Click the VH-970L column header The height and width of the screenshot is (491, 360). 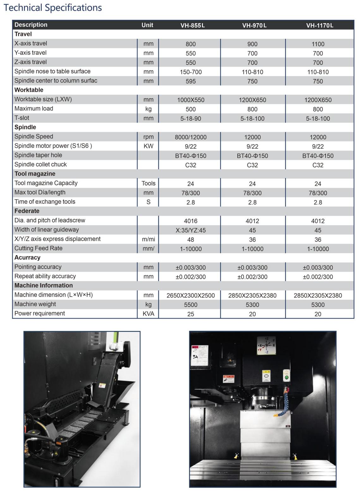tap(254, 25)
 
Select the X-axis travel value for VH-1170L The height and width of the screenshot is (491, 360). tap(318, 44)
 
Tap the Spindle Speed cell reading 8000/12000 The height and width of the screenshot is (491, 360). tap(191, 137)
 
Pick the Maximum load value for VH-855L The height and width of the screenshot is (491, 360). tap(191, 109)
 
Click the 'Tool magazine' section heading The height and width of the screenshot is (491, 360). tap(35, 174)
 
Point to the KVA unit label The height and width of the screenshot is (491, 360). tap(148, 314)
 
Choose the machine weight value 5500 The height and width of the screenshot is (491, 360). tap(191, 305)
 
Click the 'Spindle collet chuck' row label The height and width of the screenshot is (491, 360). tap(40, 165)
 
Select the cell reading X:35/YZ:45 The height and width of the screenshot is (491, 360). tap(191, 231)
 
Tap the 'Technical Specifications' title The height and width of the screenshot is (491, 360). tap(52, 8)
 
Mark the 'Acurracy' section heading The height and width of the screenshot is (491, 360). tap(27, 258)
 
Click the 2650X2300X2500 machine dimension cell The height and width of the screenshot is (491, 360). tap(191, 296)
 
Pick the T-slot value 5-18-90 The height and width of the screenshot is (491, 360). tap(191, 119)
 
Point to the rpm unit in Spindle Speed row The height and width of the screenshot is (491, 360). tap(148, 137)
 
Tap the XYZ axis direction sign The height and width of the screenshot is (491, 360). tap(266, 345)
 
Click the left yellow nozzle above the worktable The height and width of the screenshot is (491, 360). tap(236, 456)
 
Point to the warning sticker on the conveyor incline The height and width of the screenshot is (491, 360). tap(102, 386)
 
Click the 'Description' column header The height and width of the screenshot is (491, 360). tap(31, 25)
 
